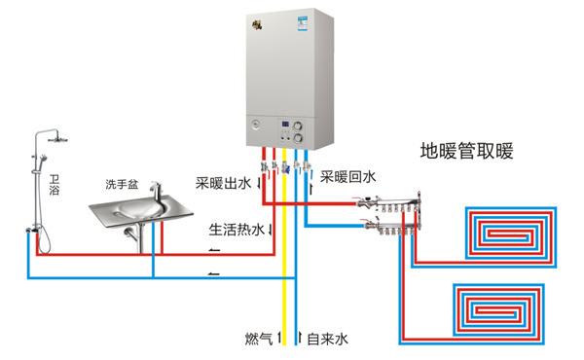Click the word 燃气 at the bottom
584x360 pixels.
tap(259, 340)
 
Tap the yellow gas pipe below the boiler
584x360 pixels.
tap(285, 272)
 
